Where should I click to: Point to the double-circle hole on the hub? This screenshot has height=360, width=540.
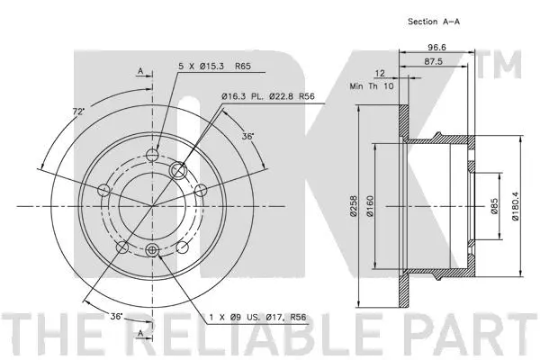click(179, 167)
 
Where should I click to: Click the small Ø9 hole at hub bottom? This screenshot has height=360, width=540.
click(151, 250)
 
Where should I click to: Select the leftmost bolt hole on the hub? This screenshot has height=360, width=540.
click(103, 190)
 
